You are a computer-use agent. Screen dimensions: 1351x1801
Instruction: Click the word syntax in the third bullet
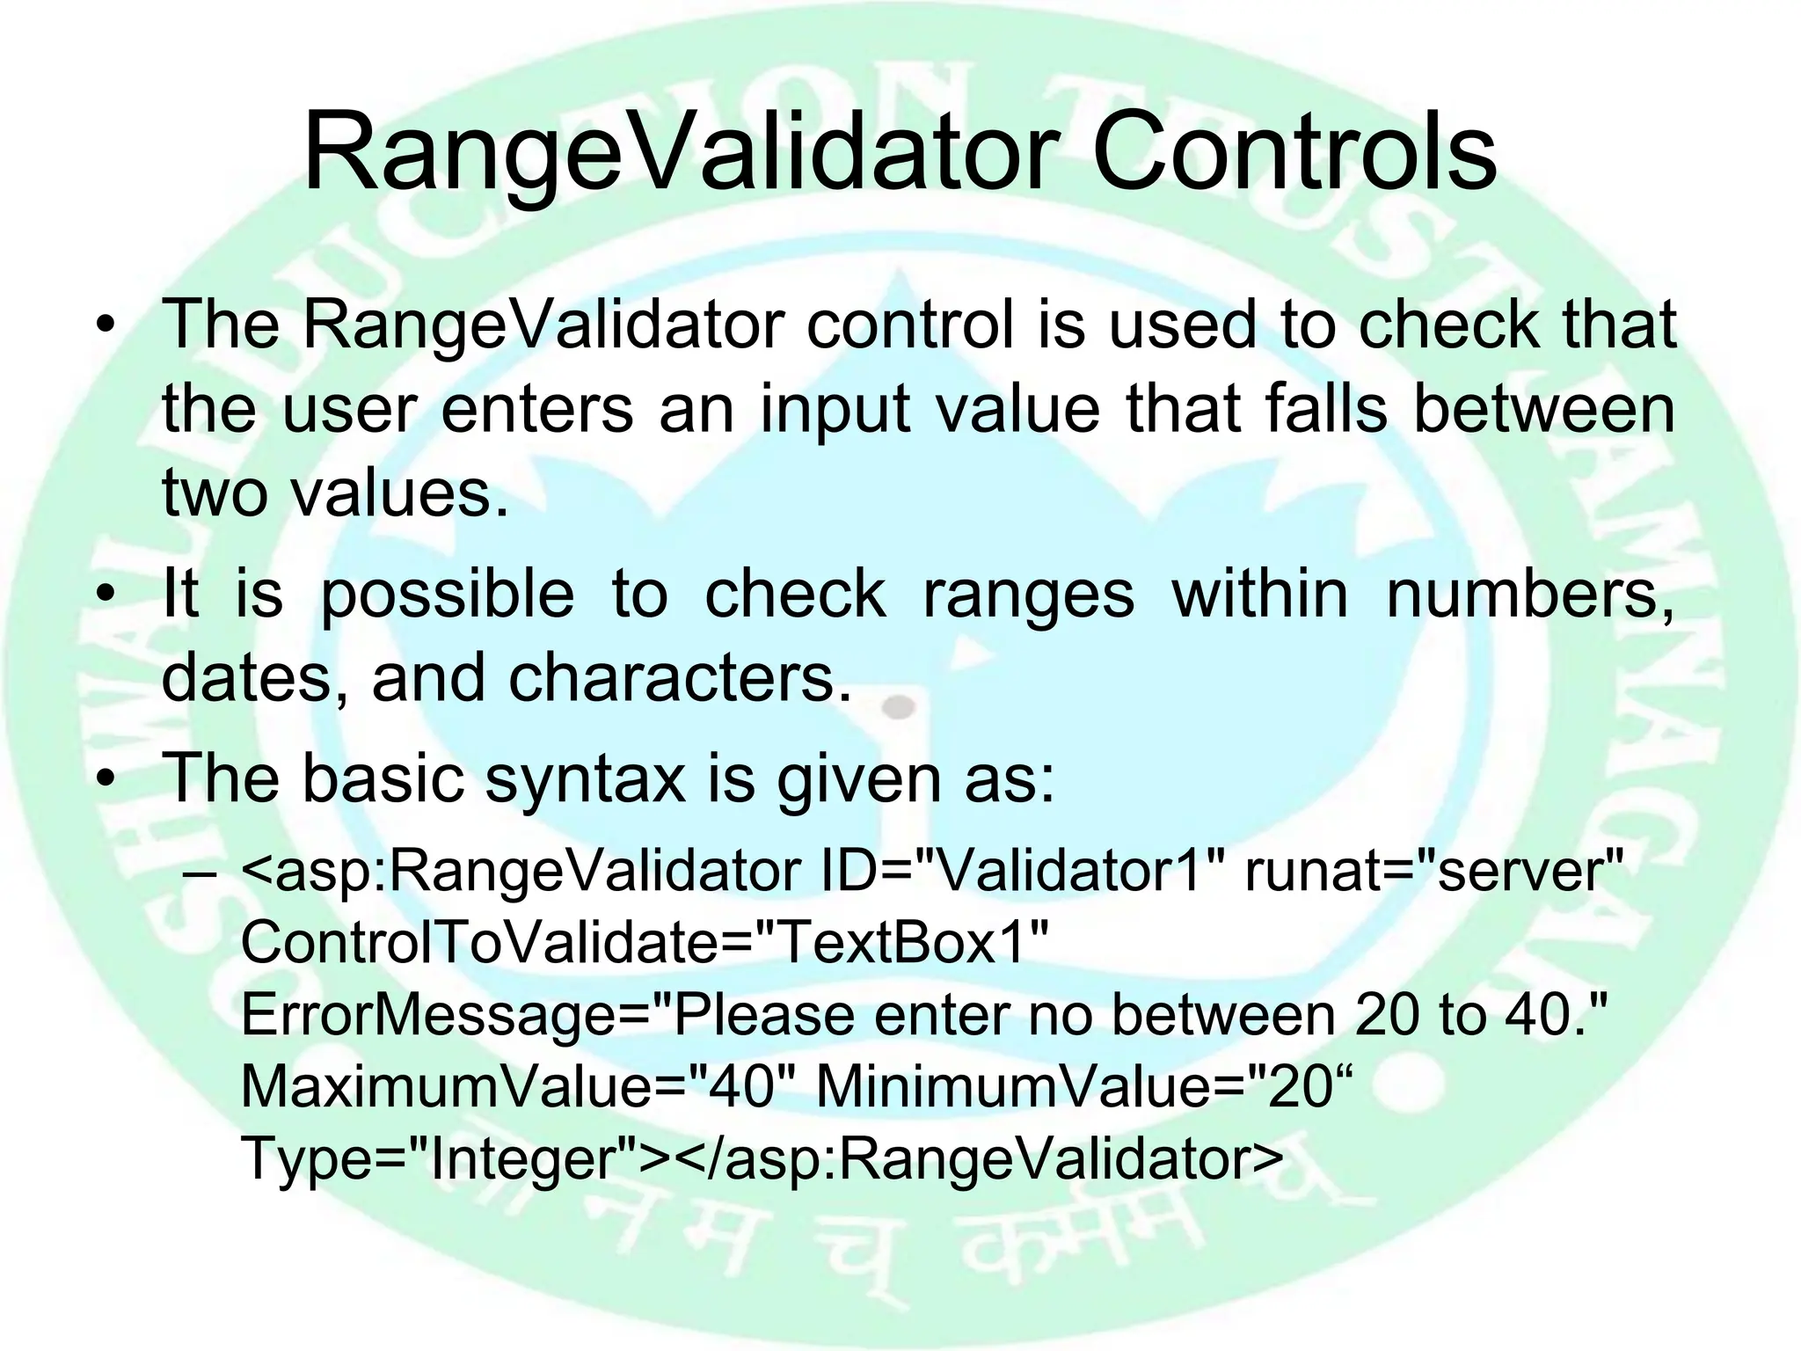pyautogui.click(x=586, y=778)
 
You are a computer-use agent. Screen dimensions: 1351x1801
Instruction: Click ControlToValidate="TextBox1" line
pyautogui.click(x=645, y=943)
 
